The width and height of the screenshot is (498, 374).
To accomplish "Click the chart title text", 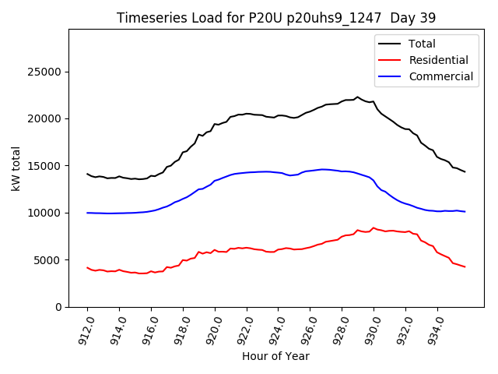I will coord(275,18).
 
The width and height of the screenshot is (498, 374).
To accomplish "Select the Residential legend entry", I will coord(438,60).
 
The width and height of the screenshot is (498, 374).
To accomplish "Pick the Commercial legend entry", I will coord(440,76).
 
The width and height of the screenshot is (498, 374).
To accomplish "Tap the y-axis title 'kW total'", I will coord(16,168).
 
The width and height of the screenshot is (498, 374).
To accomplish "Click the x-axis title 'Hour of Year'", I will coord(275,356).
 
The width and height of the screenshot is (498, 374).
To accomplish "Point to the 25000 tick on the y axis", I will coord(46,72).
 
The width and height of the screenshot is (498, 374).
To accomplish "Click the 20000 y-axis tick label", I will coord(46,119).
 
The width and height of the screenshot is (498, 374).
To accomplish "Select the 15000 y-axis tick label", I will coord(46,166).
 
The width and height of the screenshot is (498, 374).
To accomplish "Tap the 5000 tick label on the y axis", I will coord(49,260).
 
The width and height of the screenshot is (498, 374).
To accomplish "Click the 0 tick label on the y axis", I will coord(59,307).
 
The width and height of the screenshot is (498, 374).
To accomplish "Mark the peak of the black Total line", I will coord(358,97).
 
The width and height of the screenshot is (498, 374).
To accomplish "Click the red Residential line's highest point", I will coord(373,228).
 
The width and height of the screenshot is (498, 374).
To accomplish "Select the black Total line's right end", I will coord(465,171).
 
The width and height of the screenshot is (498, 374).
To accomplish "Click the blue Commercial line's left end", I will coord(87,213).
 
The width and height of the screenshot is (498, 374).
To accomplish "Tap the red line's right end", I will coord(465,267).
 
